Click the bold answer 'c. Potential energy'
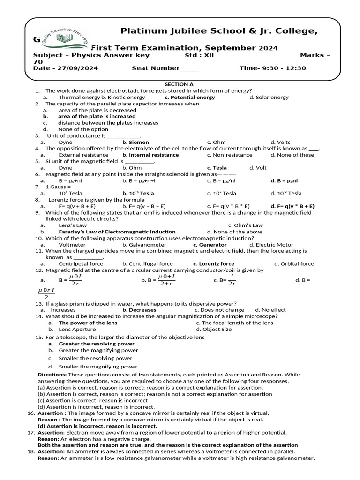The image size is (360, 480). click(190, 97)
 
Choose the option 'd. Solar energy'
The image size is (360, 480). click(269, 97)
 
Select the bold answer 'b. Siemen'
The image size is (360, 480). click(135, 142)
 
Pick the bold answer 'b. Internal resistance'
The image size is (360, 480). click(150, 155)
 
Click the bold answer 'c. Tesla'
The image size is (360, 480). click(217, 167)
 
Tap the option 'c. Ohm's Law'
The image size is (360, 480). click(246, 225)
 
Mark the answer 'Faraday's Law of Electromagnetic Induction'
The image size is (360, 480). click(117, 232)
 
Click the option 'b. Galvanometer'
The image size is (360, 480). click(144, 245)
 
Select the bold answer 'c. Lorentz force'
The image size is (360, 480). click(213, 264)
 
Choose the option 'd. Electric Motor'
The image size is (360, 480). click(271, 245)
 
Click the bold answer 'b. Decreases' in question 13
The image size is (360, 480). click(139, 310)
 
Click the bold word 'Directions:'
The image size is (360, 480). click(52, 375)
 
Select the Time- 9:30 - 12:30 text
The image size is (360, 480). click(272, 68)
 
